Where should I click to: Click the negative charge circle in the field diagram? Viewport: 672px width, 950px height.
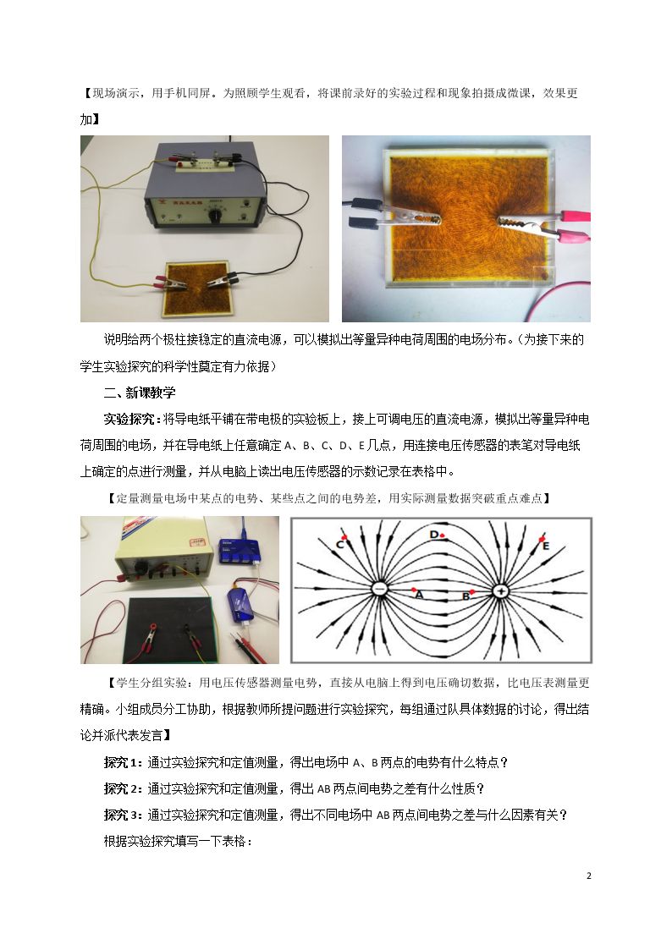(379, 589)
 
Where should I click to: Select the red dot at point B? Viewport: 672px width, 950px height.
(472, 591)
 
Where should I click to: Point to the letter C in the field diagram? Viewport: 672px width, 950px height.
(340, 546)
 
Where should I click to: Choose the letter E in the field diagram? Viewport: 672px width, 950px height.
(545, 546)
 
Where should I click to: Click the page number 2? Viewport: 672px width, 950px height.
(588, 876)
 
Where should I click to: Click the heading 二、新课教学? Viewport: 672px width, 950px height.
(140, 393)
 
